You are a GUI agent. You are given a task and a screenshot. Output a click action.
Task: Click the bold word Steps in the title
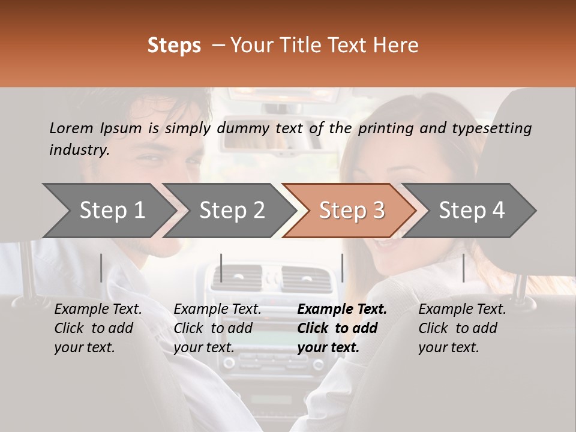coord(174,46)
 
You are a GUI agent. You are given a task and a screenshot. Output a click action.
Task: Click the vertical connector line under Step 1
coord(101,268)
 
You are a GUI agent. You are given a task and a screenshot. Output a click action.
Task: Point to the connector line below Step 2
coord(221,268)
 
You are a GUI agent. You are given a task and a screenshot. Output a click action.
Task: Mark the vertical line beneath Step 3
coord(342,268)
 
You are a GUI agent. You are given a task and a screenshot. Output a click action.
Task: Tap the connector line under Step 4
coord(463,268)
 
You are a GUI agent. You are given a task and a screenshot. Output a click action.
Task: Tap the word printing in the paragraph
coord(384,128)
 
